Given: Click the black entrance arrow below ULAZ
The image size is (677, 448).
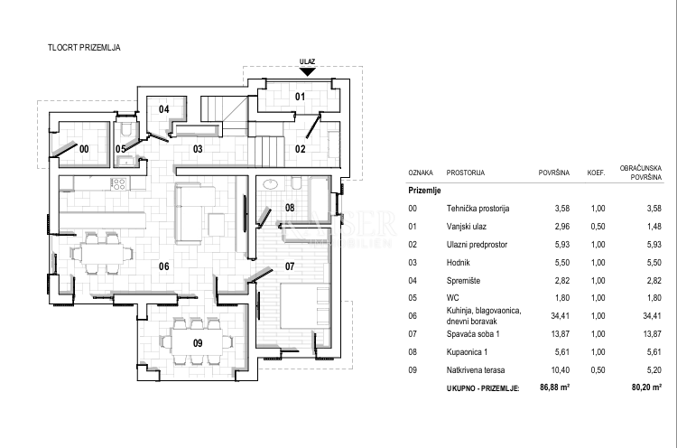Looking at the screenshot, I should point(307,71).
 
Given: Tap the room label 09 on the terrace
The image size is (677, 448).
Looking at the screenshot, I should point(198,342).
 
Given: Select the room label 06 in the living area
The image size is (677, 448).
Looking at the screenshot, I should point(164,266).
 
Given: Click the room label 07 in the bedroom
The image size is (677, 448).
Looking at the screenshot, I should point(291,266).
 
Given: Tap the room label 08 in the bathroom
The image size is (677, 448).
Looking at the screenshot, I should point(290,208).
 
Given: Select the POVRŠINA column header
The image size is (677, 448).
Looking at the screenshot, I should point(553,172).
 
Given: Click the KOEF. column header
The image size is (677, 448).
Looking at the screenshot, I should point(597,172).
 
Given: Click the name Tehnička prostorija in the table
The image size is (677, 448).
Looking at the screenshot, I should point(478,209).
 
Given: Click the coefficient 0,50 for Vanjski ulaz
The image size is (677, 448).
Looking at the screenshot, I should point(597,226).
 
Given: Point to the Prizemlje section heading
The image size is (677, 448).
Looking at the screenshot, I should point(423,191).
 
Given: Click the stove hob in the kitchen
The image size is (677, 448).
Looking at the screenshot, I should point(117,183).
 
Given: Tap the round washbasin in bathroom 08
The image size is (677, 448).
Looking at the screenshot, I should point(270,184).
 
